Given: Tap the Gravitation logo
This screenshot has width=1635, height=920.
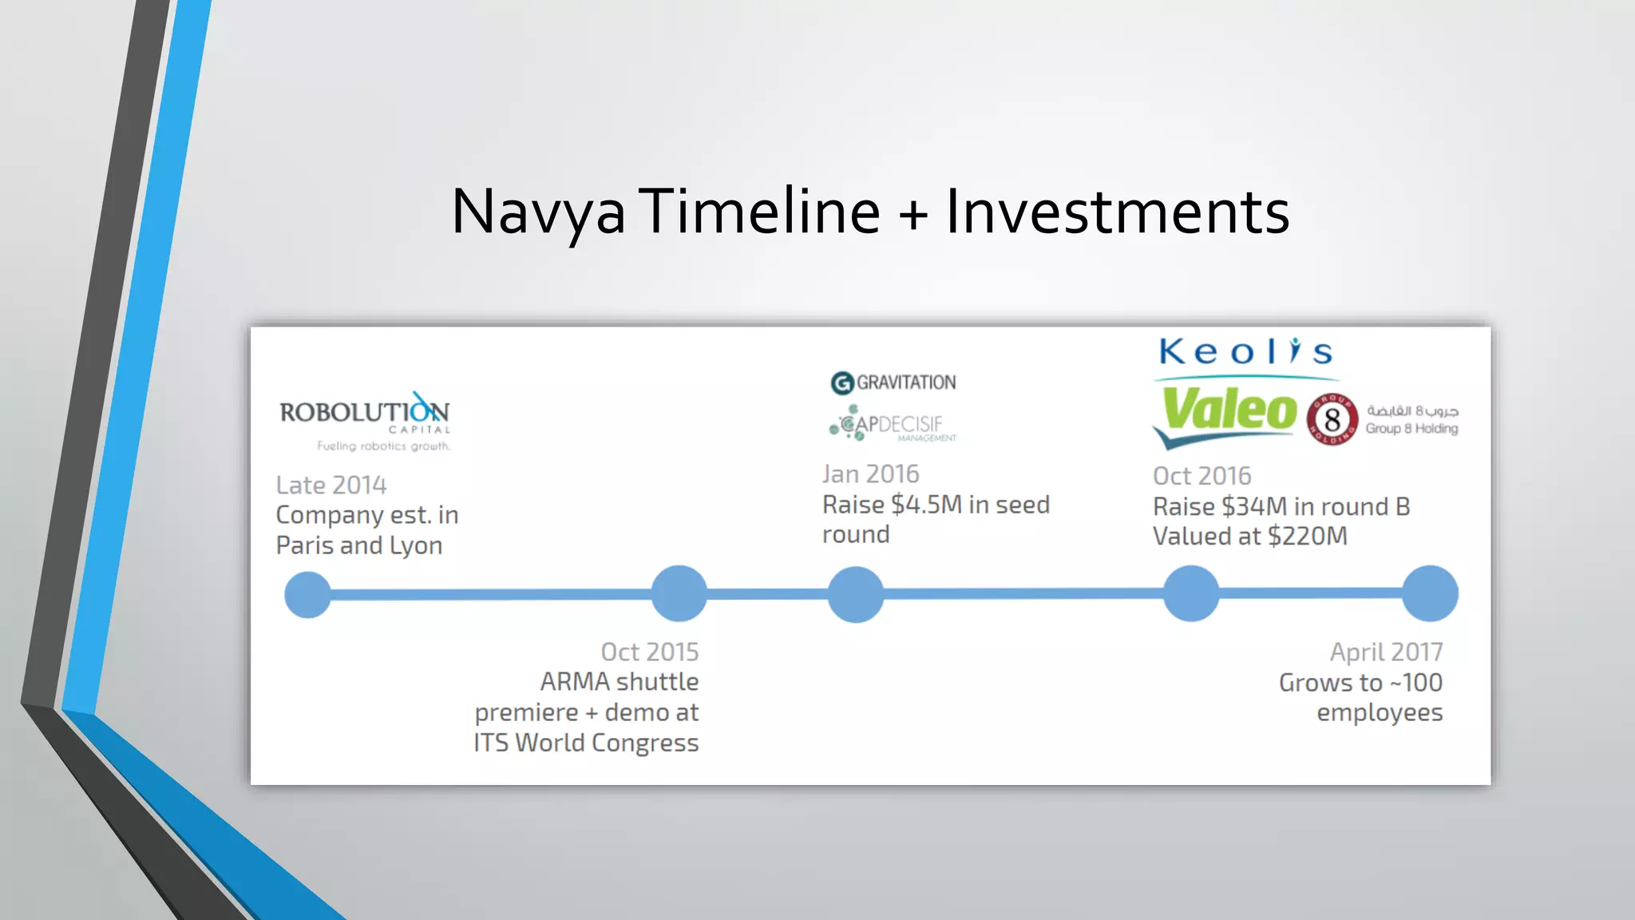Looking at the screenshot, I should (x=893, y=383).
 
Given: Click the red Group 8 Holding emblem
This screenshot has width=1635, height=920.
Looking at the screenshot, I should (x=1332, y=419).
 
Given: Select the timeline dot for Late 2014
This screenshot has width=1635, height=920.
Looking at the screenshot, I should (x=308, y=594).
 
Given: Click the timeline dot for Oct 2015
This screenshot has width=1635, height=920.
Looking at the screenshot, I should (x=679, y=593).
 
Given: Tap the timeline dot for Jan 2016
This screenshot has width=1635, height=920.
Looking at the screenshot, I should (x=856, y=594).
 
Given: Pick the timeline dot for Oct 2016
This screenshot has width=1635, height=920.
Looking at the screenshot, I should (x=1191, y=593).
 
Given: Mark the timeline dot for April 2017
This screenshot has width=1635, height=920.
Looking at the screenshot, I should (x=1430, y=593).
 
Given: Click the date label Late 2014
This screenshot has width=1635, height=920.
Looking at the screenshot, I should (x=331, y=485).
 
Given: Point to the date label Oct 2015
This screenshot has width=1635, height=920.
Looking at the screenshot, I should (x=649, y=652).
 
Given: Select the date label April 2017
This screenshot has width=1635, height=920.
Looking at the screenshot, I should (x=1386, y=652).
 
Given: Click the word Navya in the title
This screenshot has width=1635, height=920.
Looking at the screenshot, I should (x=538, y=212).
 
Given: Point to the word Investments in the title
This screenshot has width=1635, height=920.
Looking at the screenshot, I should (x=1118, y=212).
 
